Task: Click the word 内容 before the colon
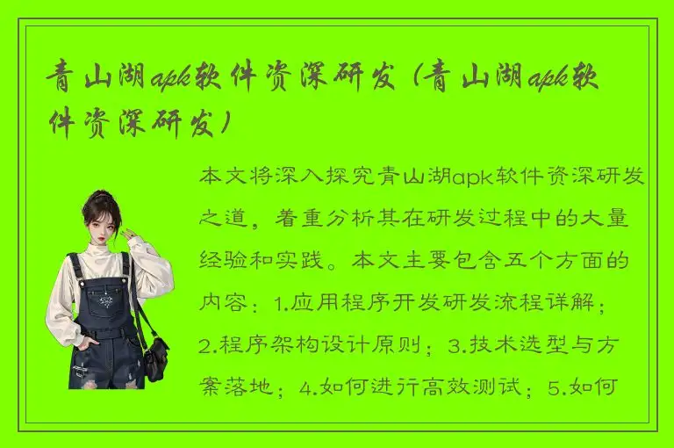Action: [222, 304]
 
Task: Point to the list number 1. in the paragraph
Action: [281, 304]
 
